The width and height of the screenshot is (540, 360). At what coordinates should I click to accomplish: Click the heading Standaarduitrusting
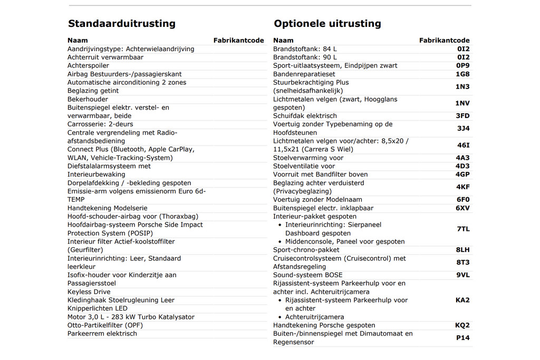point(121,24)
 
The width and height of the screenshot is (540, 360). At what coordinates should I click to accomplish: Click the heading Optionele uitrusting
point(327,24)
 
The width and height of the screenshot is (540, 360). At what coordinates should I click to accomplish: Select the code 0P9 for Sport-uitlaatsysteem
point(462,66)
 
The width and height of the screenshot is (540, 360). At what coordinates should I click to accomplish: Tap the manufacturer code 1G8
point(462,74)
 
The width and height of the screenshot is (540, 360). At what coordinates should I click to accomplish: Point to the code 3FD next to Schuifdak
point(462,116)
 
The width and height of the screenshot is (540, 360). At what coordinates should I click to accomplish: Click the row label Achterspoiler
point(88,66)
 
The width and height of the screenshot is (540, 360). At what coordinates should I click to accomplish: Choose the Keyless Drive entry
point(89,292)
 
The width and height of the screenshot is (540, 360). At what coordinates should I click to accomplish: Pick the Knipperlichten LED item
point(97,309)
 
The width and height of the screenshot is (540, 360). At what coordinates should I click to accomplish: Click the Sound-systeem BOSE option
point(307,275)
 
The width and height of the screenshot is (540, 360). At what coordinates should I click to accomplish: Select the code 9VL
point(462,275)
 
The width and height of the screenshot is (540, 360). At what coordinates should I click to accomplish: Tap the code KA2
point(462,300)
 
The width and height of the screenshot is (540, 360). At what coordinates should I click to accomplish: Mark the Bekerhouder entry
point(88,100)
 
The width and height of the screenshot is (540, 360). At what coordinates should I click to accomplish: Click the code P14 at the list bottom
point(462,338)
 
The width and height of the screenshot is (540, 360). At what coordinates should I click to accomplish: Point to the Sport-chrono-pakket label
point(306,250)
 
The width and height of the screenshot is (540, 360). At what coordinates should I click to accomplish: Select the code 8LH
point(462,250)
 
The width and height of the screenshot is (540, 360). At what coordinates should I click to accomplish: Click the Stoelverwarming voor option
point(308,158)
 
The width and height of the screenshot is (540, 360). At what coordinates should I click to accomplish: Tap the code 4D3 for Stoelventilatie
point(462,166)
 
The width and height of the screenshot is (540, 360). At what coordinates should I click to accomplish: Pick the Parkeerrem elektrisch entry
point(102,334)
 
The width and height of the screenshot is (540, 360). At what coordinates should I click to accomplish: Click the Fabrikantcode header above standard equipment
point(238,41)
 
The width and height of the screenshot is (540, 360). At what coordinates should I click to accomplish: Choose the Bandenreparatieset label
point(304,74)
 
